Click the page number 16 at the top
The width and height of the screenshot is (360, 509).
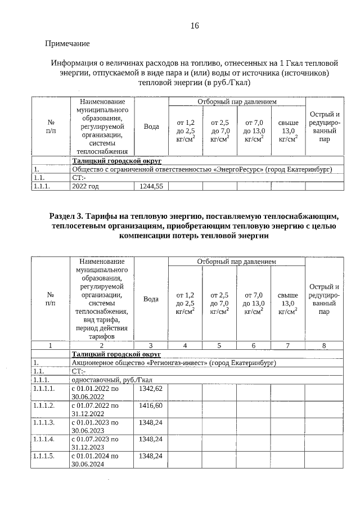click(195, 26)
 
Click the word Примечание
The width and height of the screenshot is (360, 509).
click(67, 43)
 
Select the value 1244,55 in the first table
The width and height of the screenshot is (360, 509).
click(150, 187)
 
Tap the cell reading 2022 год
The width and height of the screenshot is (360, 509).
click(85, 187)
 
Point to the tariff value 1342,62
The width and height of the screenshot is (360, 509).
click(150, 389)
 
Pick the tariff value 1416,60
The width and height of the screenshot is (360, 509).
click(150, 405)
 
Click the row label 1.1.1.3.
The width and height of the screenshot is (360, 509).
click(44, 422)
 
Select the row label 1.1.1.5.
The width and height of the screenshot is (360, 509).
click(44, 456)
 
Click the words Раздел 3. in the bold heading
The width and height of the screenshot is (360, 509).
click(67, 216)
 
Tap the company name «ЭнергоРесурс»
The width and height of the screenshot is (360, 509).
click(244, 169)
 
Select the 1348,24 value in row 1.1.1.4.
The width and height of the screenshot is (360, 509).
click(150, 439)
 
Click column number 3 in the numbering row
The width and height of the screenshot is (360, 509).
click(151, 345)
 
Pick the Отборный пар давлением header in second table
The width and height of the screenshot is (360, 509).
click(236, 262)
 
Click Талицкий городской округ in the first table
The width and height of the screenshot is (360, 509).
click(116, 160)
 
